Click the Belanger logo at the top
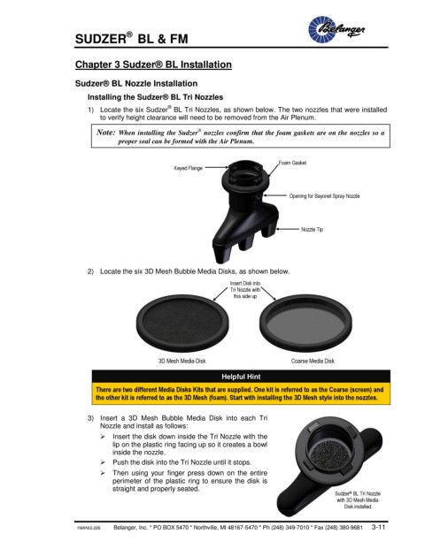click(336, 29)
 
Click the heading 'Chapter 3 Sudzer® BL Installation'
click(153, 65)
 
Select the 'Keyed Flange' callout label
click(189, 168)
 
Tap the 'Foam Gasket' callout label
click(292, 163)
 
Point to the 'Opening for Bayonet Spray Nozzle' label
click(324, 196)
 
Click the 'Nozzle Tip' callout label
click(312, 229)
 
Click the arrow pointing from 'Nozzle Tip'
click(287, 229)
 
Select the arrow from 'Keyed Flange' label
click(217, 168)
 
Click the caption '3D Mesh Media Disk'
click(182, 361)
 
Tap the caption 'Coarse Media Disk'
click(313, 361)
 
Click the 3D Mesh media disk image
click(182, 324)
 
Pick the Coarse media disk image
click(305, 324)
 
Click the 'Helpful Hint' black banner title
click(241, 377)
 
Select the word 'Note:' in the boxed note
click(105, 133)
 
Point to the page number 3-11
click(378, 527)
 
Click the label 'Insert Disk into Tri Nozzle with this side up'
click(245, 290)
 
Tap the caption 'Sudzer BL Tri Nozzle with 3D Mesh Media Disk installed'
click(358, 500)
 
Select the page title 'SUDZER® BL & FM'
click(132, 38)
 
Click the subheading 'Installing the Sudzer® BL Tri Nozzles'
click(155, 97)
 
